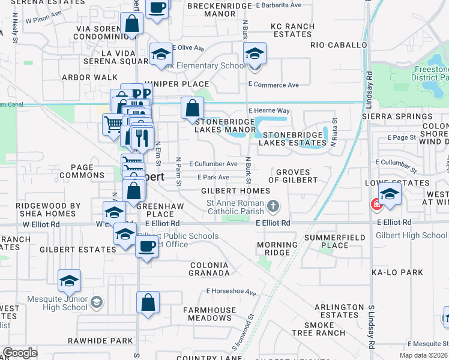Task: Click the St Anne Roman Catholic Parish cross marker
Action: (x=273, y=207)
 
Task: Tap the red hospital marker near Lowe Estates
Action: (x=377, y=205)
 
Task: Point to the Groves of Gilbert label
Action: (x=293, y=176)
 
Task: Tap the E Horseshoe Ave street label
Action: (x=231, y=293)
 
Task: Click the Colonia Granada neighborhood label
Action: (x=210, y=269)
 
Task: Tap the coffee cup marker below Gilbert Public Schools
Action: (x=146, y=245)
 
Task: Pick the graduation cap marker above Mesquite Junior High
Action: (x=69, y=280)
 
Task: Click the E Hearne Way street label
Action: (x=269, y=111)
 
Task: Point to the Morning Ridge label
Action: (x=277, y=248)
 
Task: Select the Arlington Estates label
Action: (x=340, y=311)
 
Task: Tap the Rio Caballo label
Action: (x=339, y=45)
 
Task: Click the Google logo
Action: (x=20, y=353)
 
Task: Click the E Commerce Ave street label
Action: (x=273, y=85)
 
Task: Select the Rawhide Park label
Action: (x=100, y=341)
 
